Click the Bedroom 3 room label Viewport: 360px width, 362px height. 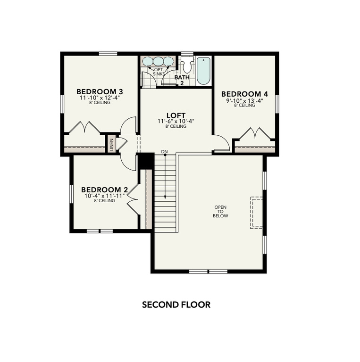(x=93, y=91)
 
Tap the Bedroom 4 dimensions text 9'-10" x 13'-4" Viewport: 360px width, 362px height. (x=244, y=100)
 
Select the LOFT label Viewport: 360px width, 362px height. (x=176, y=115)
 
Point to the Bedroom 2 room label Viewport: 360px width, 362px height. (x=104, y=190)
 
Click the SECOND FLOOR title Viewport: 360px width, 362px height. (x=176, y=304)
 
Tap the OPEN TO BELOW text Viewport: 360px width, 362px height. (x=221, y=211)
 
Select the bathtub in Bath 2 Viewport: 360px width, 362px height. (x=204, y=70)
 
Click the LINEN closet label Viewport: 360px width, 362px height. (x=112, y=144)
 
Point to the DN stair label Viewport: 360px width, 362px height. (x=164, y=152)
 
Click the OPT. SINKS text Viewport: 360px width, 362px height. (x=158, y=72)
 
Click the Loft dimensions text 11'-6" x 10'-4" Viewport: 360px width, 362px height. (x=176, y=121)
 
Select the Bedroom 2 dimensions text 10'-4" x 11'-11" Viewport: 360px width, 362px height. (x=104, y=196)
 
